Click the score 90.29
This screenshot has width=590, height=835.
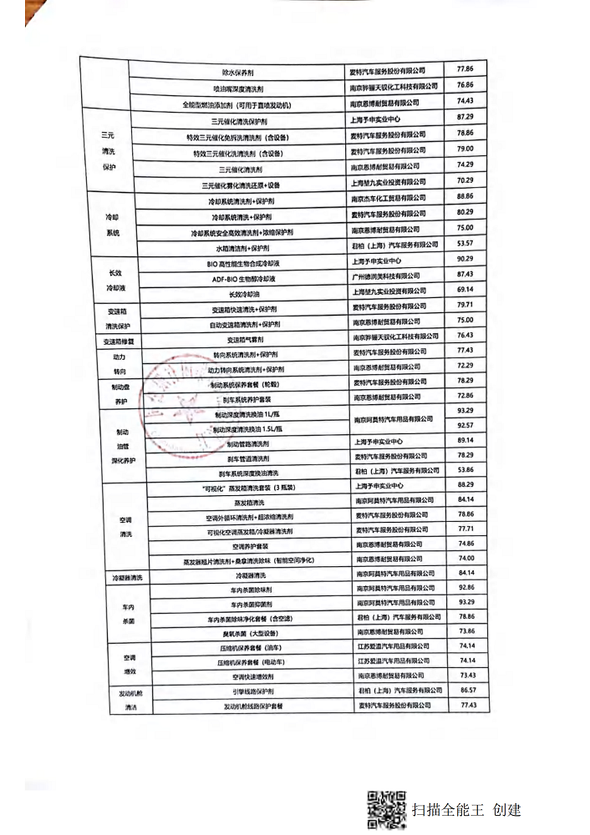coord(465,261)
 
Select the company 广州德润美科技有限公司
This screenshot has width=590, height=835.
coord(391,276)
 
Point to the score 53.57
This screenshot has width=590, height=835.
coord(465,245)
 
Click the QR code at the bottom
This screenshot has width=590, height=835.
coord(388,809)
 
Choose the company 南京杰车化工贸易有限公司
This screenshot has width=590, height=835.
coord(389,198)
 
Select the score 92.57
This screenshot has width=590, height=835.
coord(465,425)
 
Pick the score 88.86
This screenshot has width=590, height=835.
coord(465,197)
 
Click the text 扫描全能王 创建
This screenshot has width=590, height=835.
coord(466,810)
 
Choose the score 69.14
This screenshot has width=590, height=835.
coord(465,290)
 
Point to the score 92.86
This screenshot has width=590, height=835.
coord(465,589)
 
